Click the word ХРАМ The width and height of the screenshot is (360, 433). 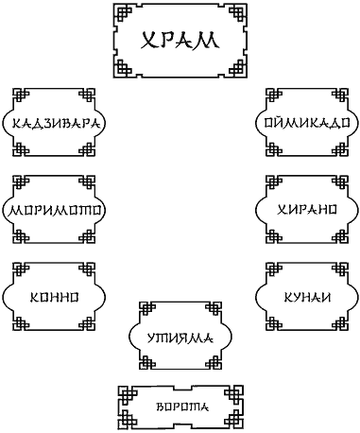point(180,40)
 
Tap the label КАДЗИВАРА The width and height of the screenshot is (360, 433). point(54,123)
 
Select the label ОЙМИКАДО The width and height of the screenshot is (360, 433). point(307,123)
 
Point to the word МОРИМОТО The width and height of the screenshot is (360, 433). point(54,210)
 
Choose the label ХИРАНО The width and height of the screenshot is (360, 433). point(307,210)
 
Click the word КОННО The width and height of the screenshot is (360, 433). point(54,297)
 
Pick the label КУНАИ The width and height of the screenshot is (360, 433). point(307,297)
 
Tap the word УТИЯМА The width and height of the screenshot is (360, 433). point(180,338)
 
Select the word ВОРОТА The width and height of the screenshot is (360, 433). point(182,407)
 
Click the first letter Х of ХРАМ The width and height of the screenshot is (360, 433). point(148,41)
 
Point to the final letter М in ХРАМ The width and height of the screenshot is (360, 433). point(209,41)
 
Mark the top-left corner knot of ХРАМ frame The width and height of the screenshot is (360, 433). point(123,13)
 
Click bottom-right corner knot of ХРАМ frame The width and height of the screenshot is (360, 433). point(237,68)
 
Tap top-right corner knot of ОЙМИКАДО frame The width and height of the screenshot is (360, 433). point(340,96)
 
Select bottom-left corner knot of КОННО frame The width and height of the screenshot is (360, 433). point(21,322)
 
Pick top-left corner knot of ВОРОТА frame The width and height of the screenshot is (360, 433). point(128,395)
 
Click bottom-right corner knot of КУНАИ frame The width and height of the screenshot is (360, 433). point(340,322)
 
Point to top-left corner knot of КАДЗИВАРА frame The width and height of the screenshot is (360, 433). point(21,96)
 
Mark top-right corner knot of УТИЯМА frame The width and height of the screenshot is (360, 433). point(214,310)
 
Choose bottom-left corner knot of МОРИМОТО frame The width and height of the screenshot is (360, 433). point(21,235)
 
